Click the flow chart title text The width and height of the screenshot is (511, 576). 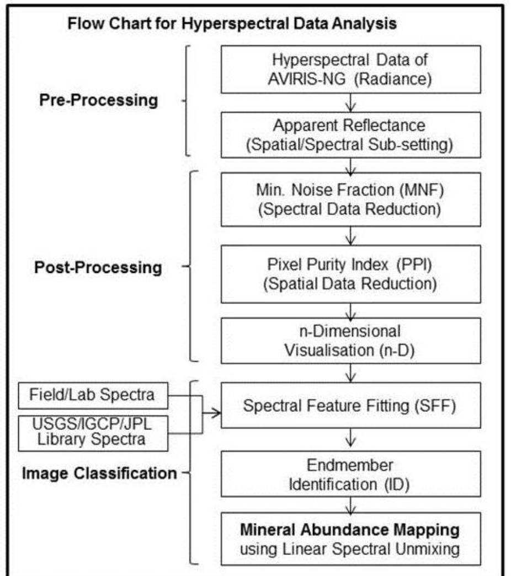tap(232, 25)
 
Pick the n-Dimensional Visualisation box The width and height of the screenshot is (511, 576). tap(350, 340)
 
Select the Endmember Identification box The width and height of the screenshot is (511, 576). tap(350, 475)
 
